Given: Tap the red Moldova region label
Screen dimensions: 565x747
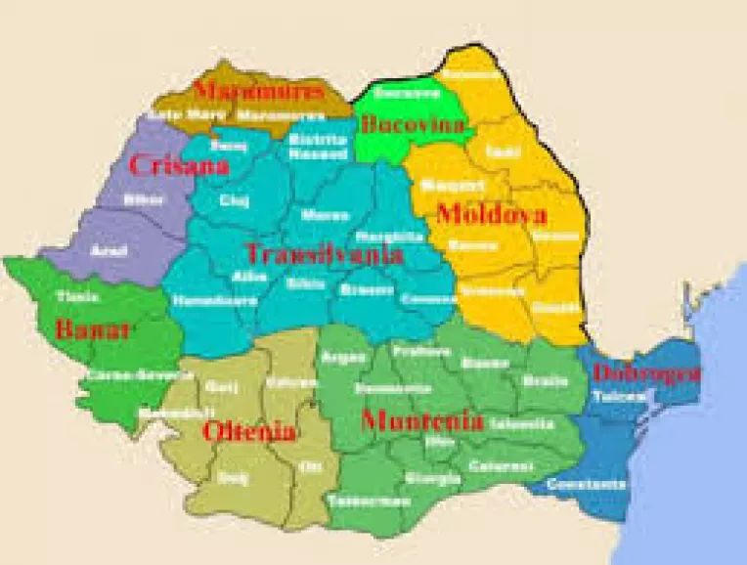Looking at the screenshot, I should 491,214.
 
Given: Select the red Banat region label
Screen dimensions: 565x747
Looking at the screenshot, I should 93,329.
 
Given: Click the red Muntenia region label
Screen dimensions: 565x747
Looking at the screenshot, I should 421,422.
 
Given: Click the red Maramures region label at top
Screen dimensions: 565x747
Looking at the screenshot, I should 258,91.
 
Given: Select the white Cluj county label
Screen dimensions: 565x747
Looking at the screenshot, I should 235,200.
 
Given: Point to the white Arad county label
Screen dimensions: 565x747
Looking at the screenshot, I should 108,250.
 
